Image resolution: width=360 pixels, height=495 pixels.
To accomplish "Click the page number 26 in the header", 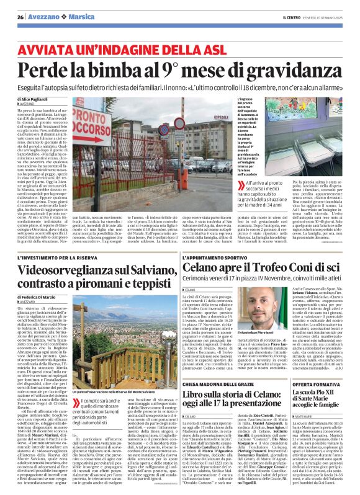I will (x=20, y=17).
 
